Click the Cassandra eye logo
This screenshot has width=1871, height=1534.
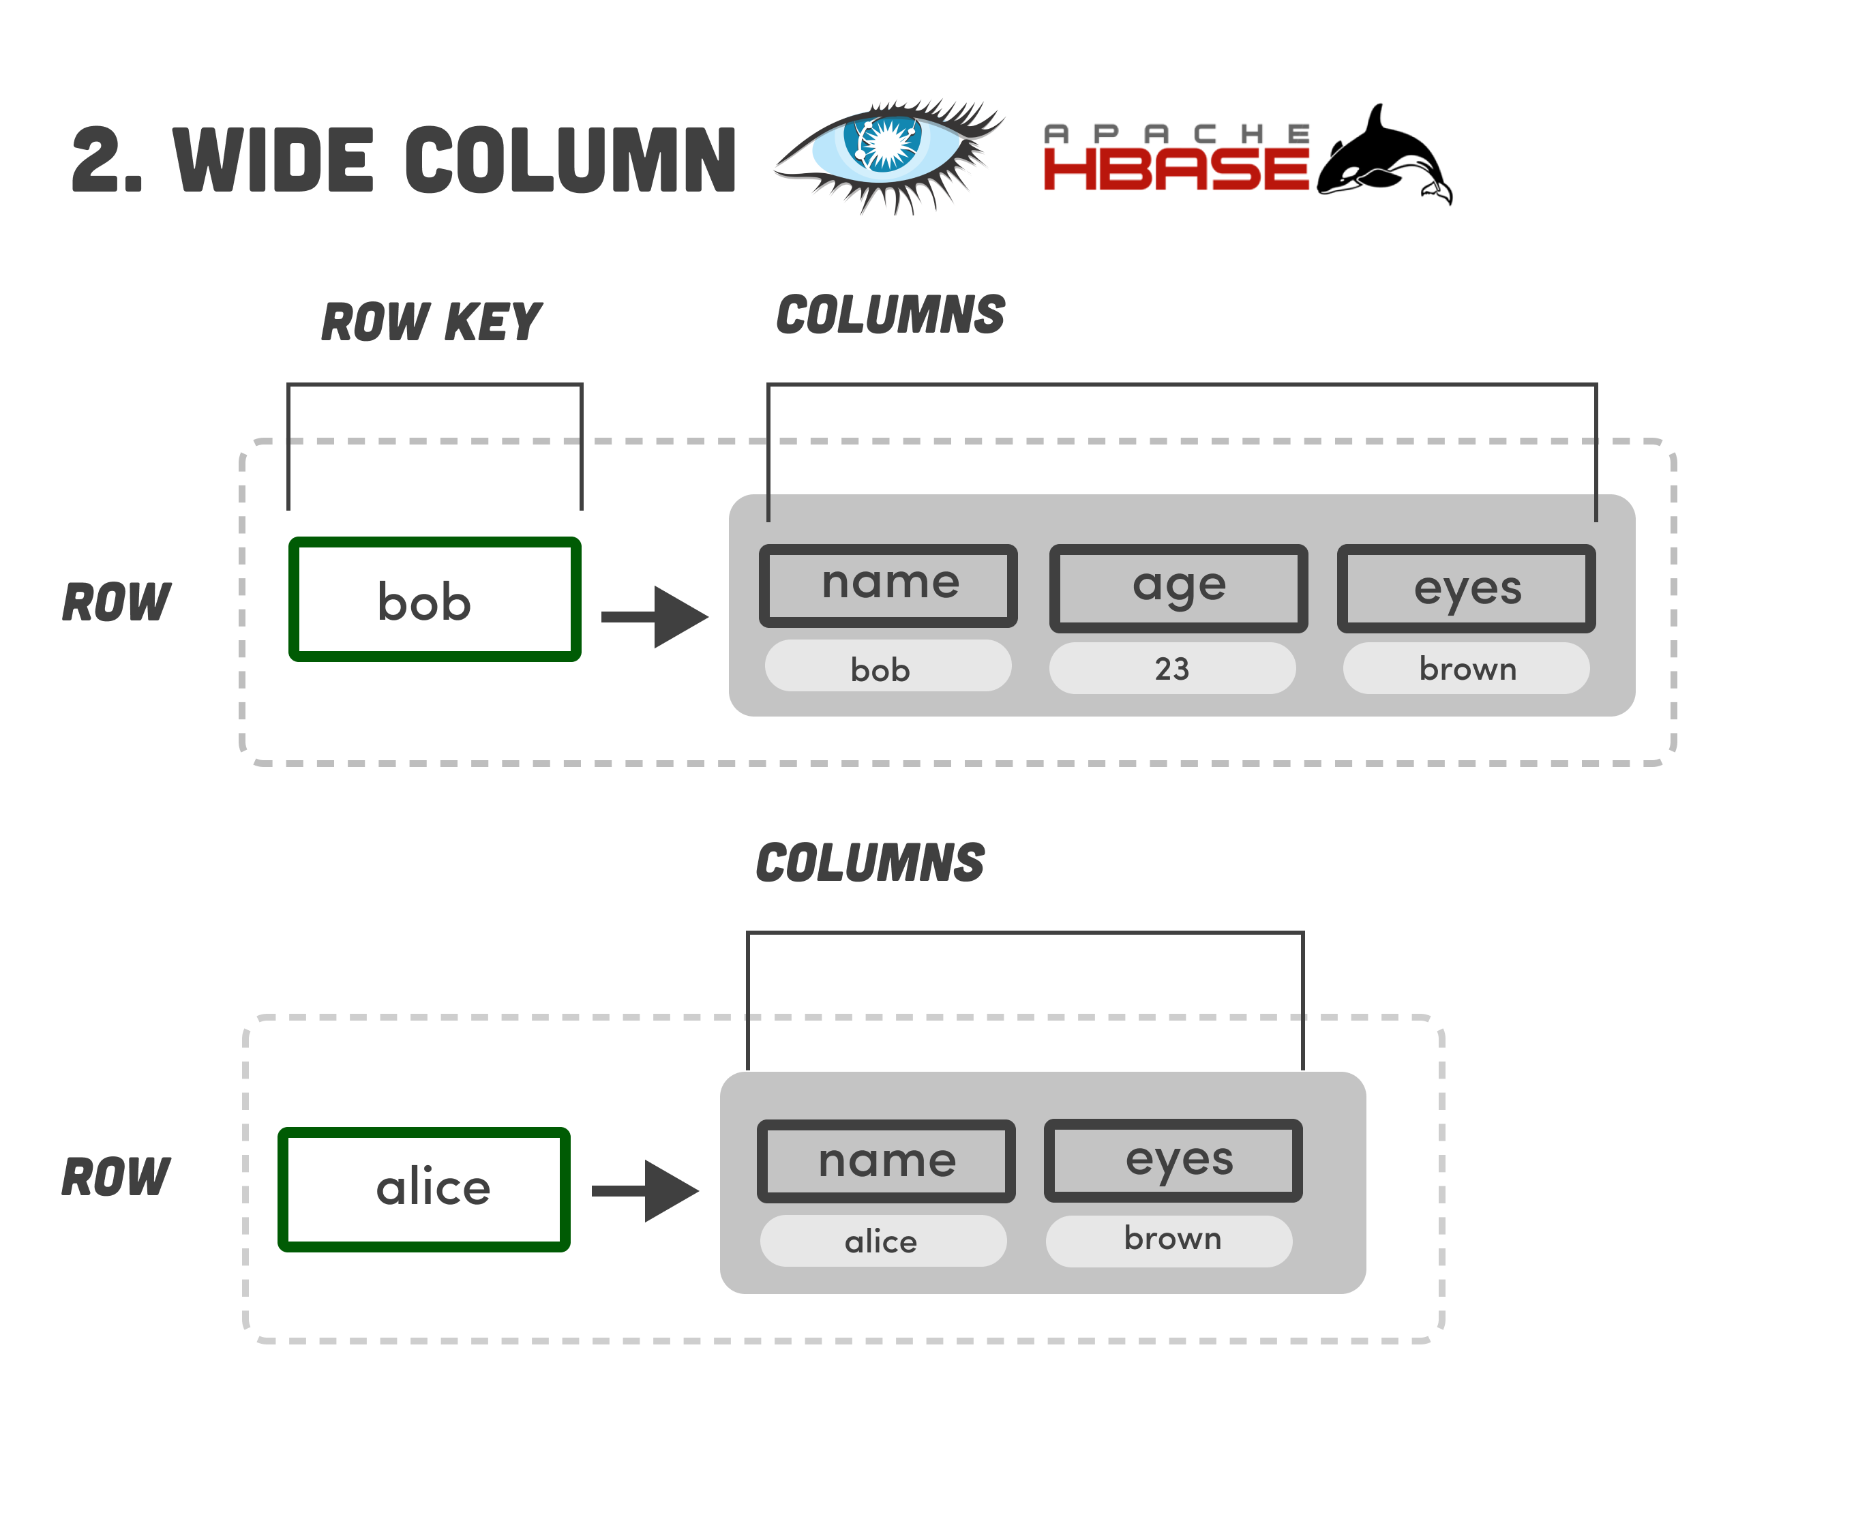coord(888,155)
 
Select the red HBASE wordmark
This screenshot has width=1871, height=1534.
coord(1176,168)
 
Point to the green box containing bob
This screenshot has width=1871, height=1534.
coord(434,599)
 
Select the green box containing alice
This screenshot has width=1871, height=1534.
coord(424,1188)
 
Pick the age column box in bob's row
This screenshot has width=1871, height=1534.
coord(1178,588)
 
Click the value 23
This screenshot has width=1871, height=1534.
coord(1172,668)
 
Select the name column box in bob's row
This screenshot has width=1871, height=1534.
coord(888,585)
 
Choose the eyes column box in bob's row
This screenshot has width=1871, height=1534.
coord(1466,588)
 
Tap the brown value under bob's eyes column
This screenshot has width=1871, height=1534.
coord(1466,668)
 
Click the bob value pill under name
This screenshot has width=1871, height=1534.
coord(887,668)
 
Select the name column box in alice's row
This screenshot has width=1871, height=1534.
coord(886,1160)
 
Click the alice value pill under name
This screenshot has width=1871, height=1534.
coord(883,1241)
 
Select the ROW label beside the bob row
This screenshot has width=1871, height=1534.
coord(117,603)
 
